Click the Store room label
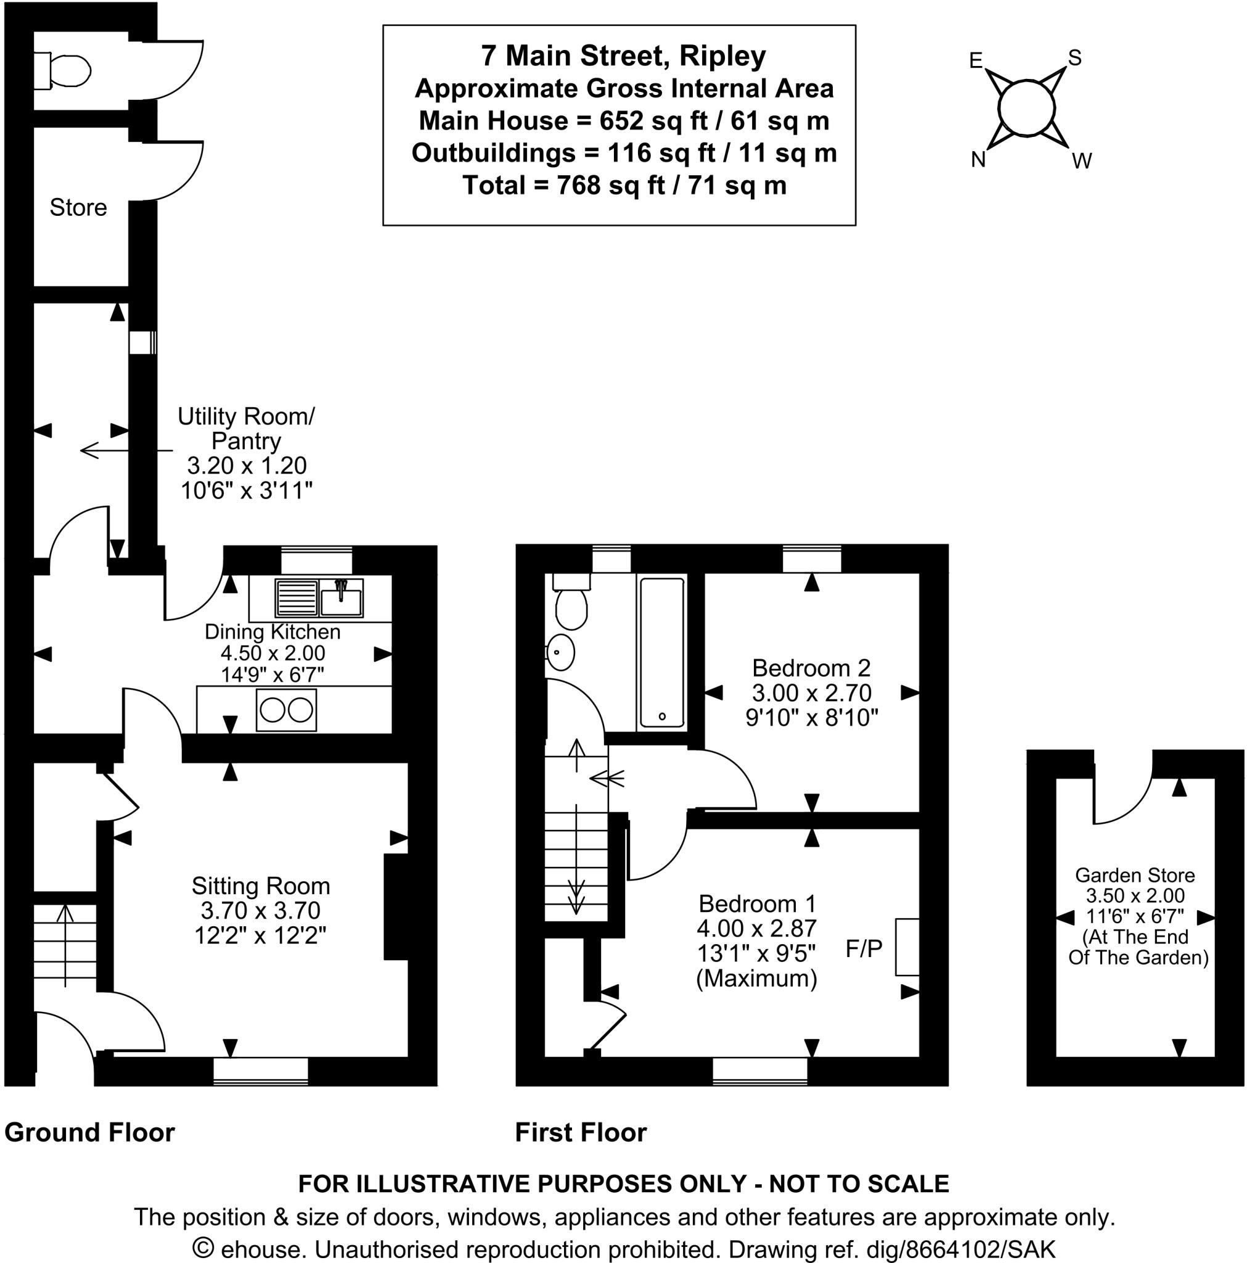click(78, 208)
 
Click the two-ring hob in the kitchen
click(286, 710)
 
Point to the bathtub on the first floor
click(661, 652)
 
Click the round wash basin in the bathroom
click(560, 652)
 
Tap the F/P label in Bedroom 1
click(864, 948)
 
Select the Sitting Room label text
click(260, 886)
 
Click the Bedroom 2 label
click(811, 668)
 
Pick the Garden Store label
click(1135, 875)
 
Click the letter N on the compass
click(978, 160)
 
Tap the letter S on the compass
click(1074, 58)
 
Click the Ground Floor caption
click(89, 1133)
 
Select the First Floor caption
click(581, 1133)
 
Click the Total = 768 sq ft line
click(624, 186)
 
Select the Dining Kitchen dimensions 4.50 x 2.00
click(272, 653)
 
